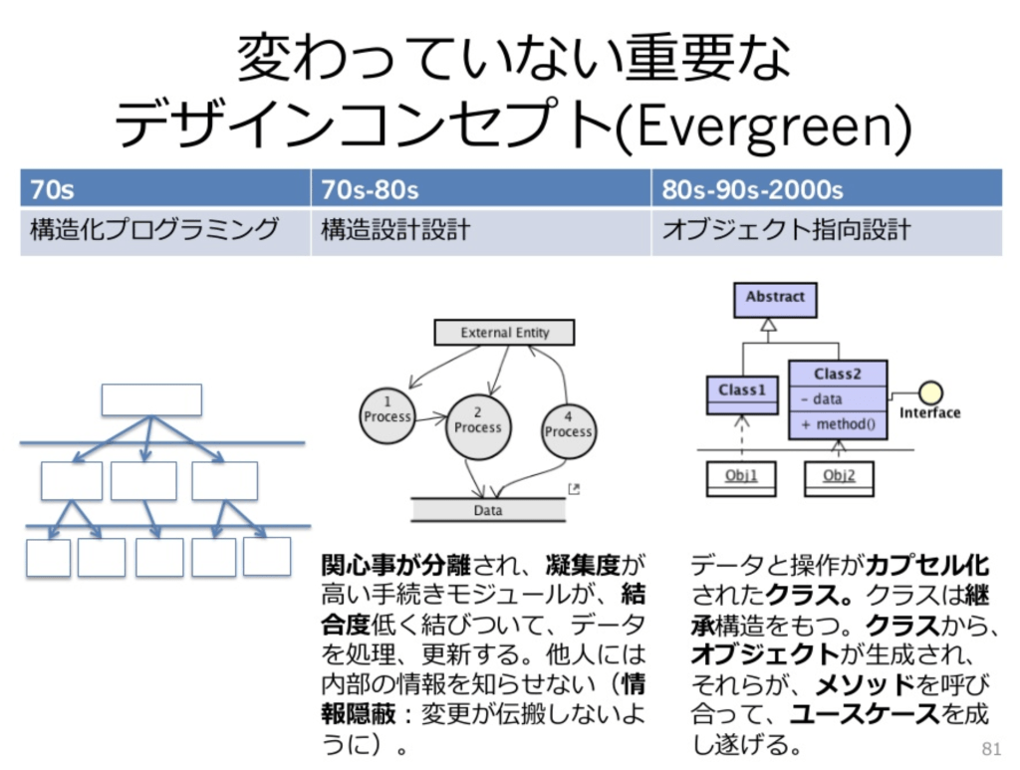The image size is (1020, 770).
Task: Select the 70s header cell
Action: click(164, 188)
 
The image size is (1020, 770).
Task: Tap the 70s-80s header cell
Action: click(481, 188)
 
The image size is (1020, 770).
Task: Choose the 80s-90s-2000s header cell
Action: click(827, 188)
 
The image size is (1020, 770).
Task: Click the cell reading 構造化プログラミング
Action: click(164, 231)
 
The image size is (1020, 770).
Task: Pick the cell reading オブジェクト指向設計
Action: click(827, 231)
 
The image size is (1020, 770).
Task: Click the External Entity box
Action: click(505, 333)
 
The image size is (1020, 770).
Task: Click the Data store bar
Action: click(488, 510)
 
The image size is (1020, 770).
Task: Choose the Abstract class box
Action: click(775, 298)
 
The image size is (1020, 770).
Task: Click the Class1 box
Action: click(741, 390)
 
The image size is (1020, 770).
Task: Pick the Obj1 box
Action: click(741, 477)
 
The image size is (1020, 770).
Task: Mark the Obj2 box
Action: click(839, 477)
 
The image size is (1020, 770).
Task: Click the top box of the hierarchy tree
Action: click(151, 399)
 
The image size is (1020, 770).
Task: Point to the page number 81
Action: click(990, 748)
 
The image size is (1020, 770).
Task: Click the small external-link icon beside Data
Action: click(574, 488)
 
